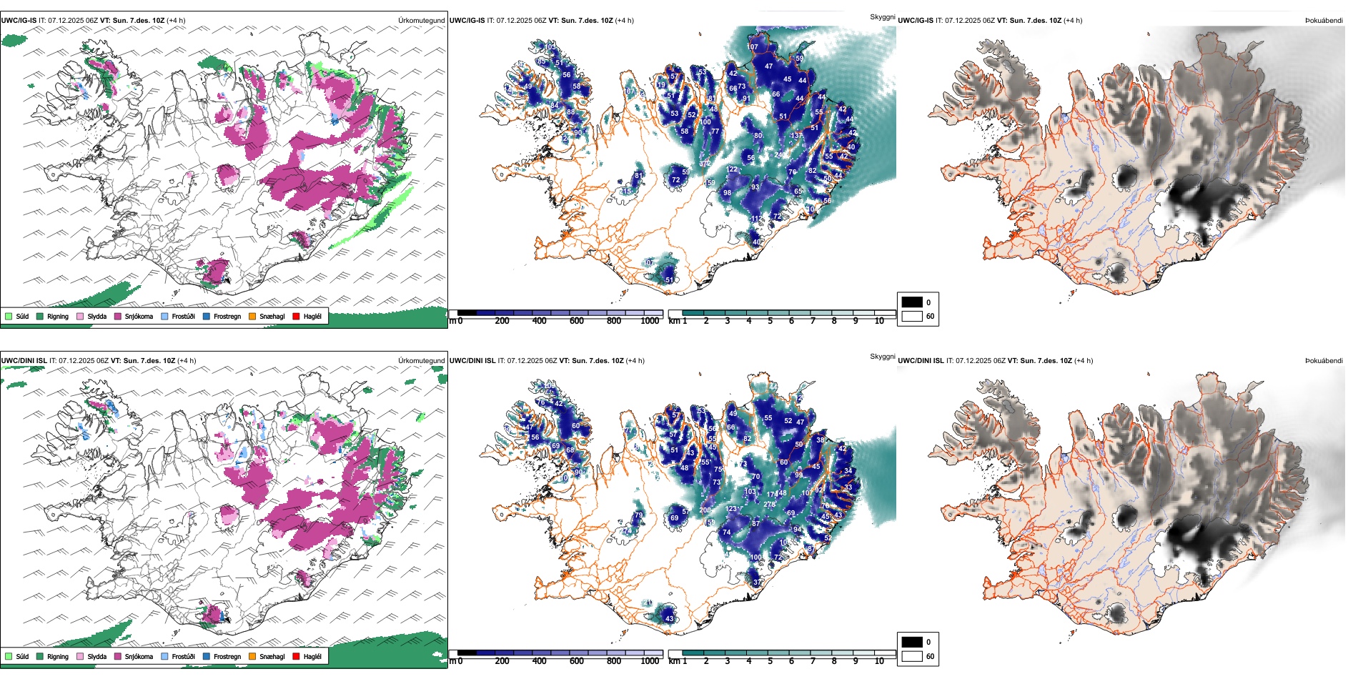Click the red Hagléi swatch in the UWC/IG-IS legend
click(296, 316)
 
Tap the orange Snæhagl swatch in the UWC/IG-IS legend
click(252, 316)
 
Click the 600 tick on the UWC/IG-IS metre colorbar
click(577, 321)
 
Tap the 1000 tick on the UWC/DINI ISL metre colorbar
click(650, 661)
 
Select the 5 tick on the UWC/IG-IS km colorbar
click(770, 321)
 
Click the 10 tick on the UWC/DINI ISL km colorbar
click(879, 661)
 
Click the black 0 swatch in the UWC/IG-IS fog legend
click(912, 302)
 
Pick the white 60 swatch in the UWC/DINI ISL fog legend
click(912, 656)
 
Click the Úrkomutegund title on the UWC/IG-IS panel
click(421, 21)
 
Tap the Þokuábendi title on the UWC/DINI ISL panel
click(1324, 361)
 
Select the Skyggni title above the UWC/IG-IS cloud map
click(882, 16)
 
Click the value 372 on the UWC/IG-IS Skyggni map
click(705, 164)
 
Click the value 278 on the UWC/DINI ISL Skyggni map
click(769, 505)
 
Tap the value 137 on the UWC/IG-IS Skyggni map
click(796, 136)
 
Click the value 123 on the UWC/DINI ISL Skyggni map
click(731, 509)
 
